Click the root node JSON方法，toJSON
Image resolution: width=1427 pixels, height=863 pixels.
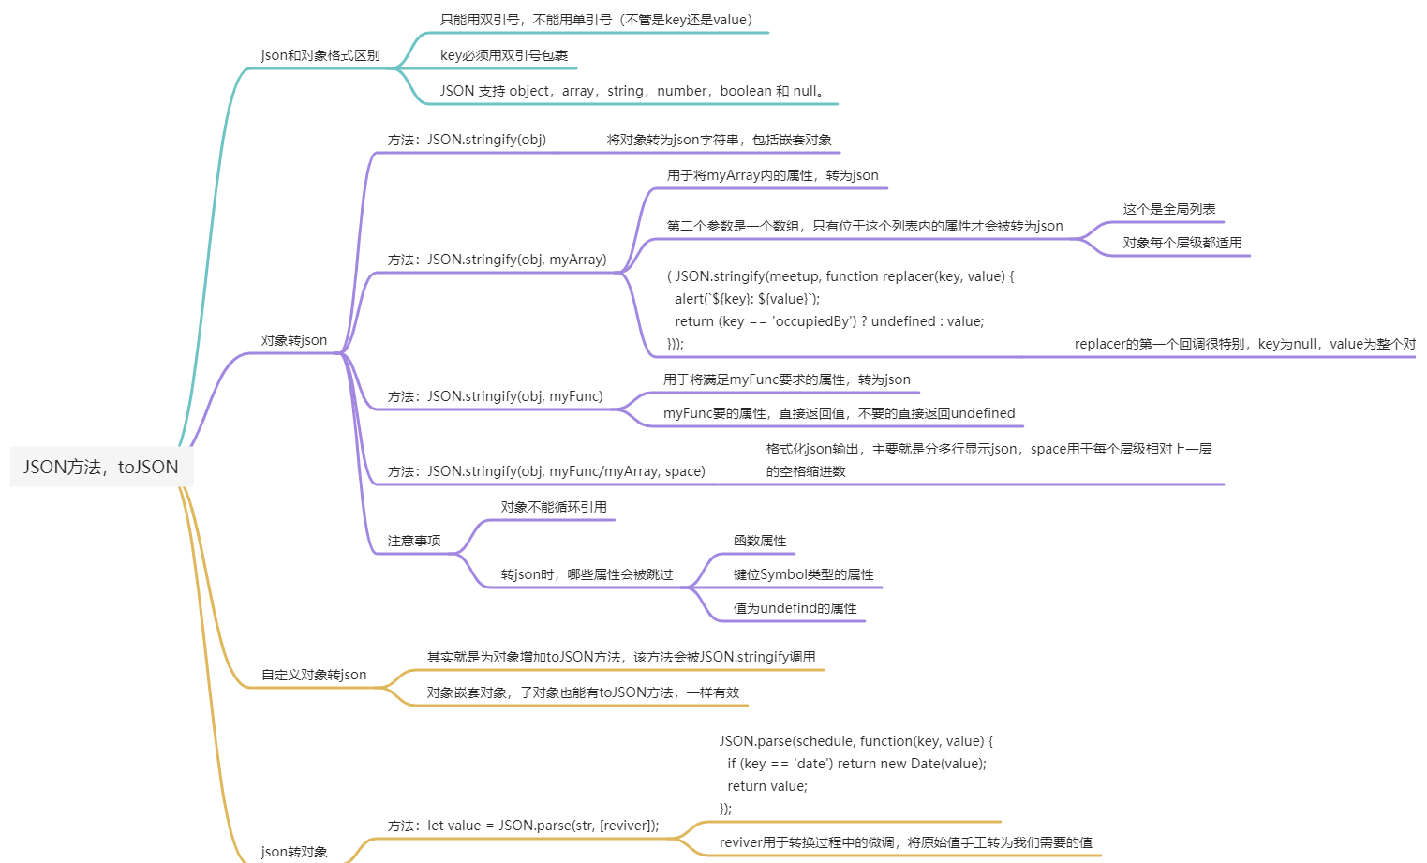pos(101,467)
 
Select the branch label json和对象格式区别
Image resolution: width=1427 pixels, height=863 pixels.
pos(320,55)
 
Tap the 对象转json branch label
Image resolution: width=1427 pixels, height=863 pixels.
pos(294,340)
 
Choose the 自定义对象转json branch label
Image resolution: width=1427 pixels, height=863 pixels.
pos(314,675)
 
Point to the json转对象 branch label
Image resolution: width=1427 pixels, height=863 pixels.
pos(294,852)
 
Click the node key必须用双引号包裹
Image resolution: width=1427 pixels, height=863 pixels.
pos(504,55)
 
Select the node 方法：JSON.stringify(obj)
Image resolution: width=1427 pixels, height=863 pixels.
pos(467,140)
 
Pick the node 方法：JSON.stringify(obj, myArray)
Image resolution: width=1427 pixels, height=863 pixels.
pos(497,260)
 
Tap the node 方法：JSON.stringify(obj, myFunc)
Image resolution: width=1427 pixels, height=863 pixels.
pos(495,396)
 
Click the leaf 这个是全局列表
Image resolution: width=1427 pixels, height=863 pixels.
pos(1169,209)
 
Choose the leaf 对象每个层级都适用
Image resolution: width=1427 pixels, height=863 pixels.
pos(1182,243)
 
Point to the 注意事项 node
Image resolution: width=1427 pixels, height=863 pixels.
pos(414,541)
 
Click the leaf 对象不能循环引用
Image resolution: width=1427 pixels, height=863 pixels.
pos(554,507)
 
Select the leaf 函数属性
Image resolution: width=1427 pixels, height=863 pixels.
pos(760,541)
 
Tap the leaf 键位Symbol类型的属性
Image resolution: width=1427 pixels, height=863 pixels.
pos(803,574)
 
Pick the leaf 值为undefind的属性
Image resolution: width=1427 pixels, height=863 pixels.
pos(795,608)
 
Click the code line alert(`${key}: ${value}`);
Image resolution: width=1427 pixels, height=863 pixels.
pos(747,299)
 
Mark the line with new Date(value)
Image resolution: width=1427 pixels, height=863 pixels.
pos(856,764)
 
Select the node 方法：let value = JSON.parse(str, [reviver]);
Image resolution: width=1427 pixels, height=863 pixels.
pos(523,826)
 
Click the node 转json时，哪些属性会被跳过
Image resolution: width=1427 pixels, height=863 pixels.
pos(587,574)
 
